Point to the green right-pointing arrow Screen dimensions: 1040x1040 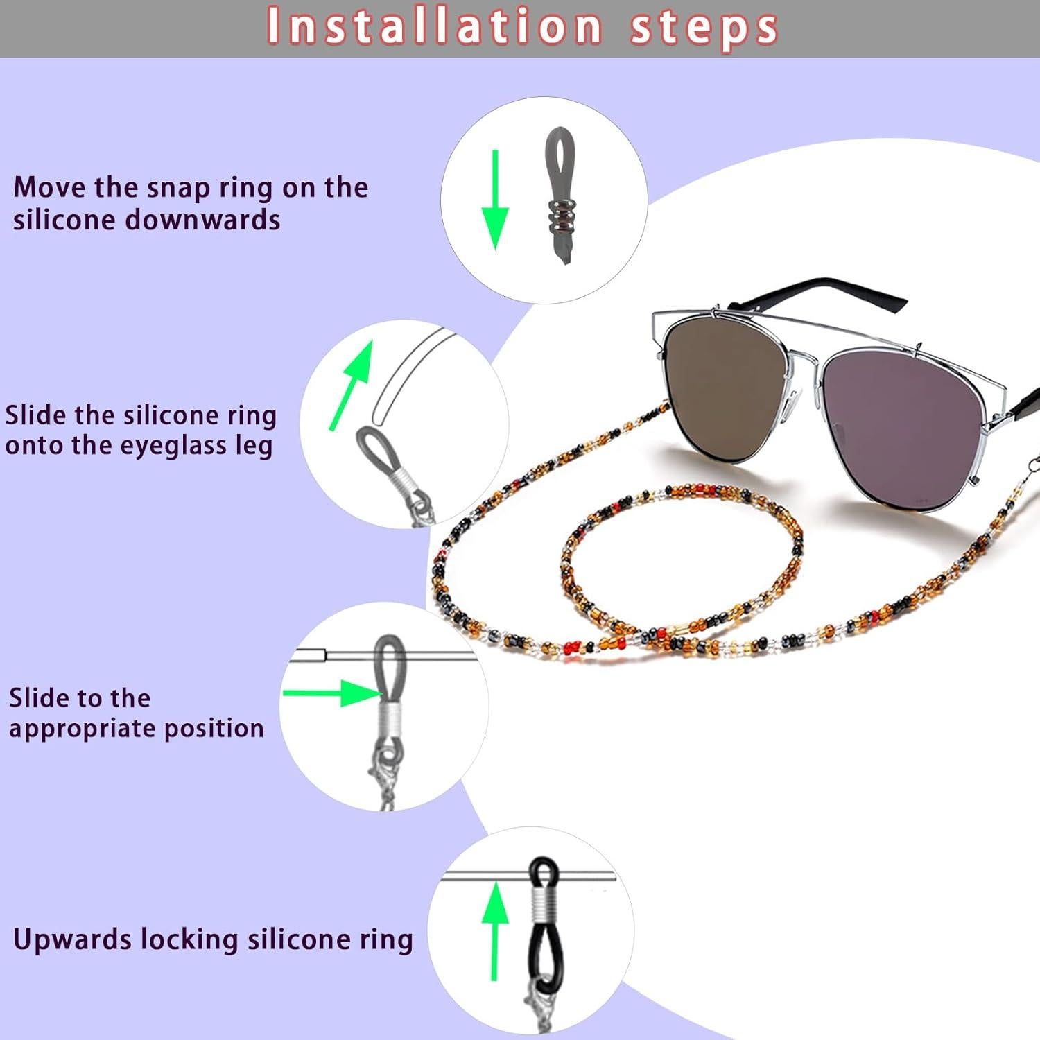[x=332, y=693]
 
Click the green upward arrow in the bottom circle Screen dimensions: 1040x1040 [x=495, y=929]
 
